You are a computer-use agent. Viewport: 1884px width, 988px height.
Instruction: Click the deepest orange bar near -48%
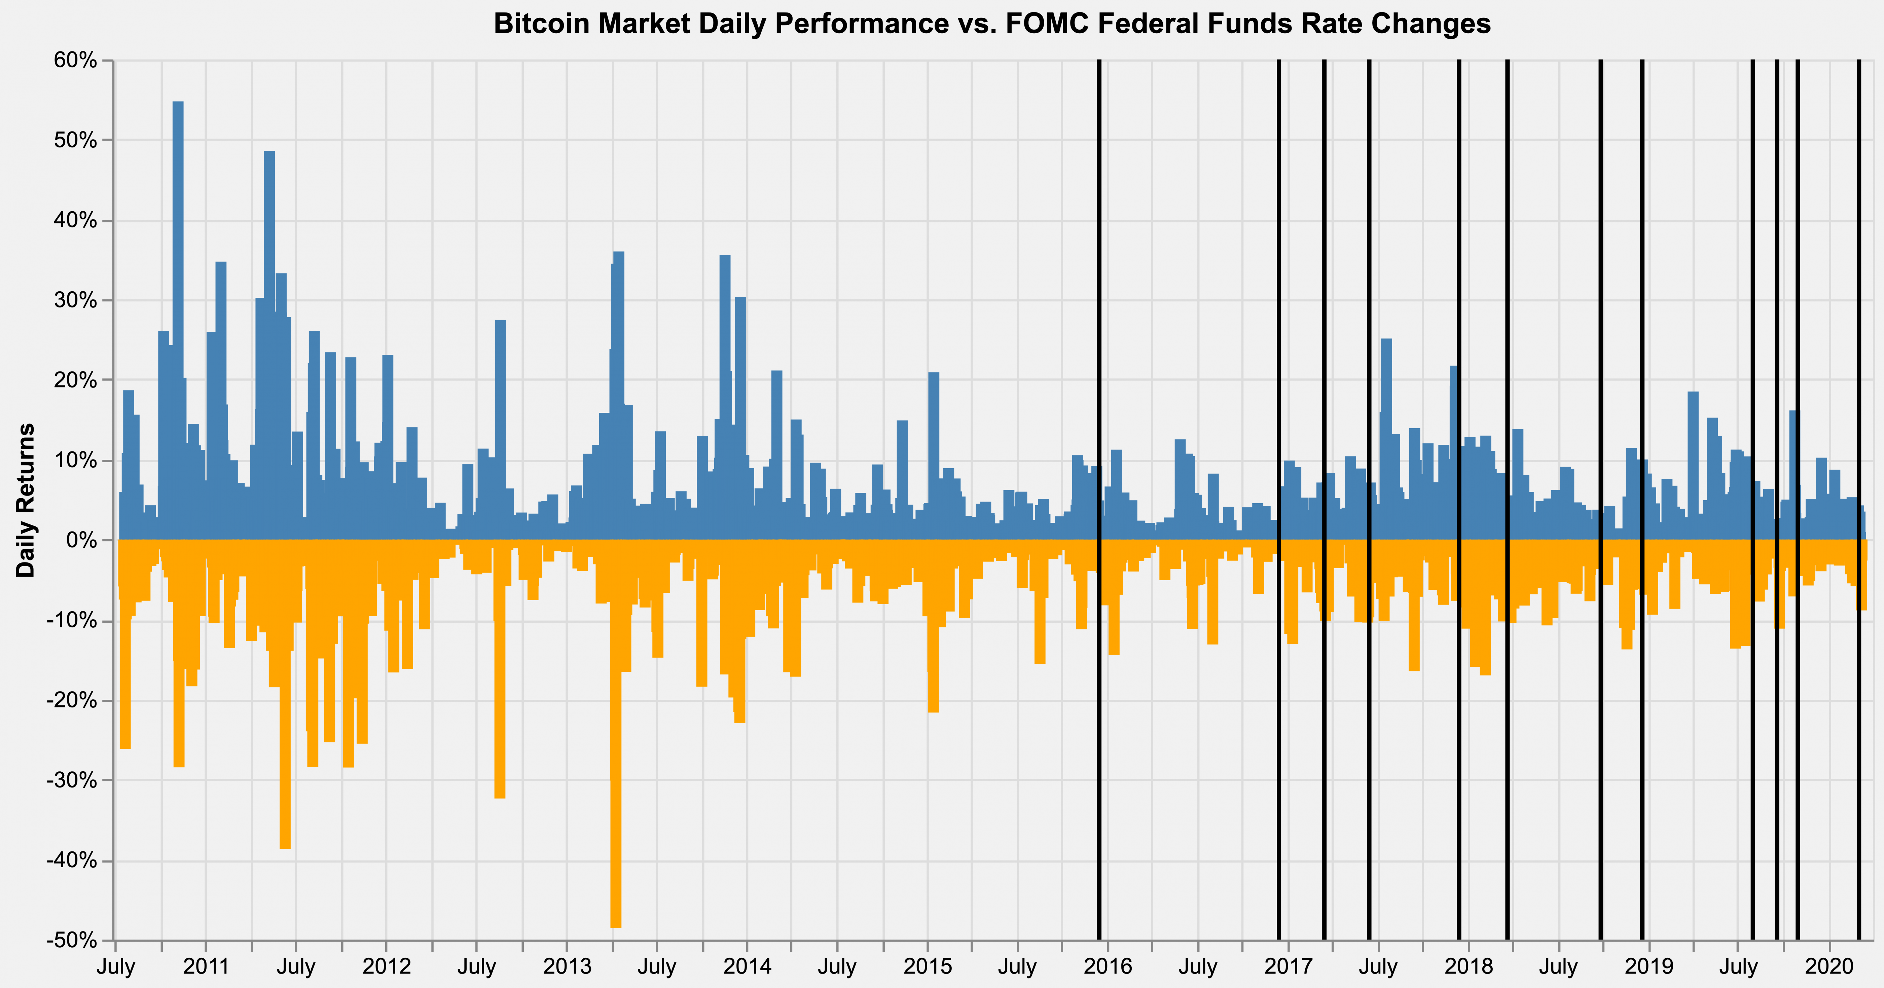point(616,731)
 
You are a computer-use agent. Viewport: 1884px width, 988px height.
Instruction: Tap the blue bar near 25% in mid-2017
point(1386,439)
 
